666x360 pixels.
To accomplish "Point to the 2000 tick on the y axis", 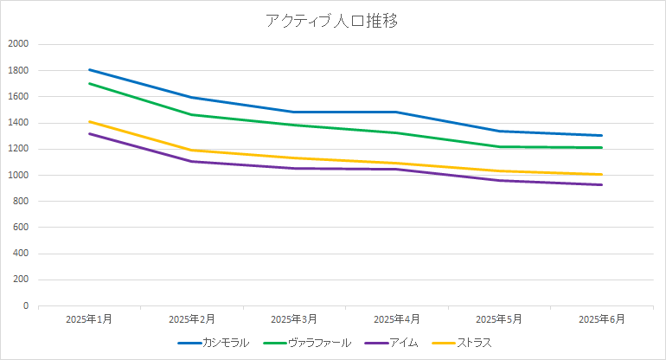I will click(x=18, y=44).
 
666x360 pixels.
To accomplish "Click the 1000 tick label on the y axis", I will click(x=18, y=175).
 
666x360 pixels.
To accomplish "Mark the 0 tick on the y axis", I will click(x=26, y=306).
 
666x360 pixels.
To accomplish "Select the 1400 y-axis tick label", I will click(x=18, y=123).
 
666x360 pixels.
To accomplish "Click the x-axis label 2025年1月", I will click(x=89, y=319).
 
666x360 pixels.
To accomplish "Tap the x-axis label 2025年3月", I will click(x=294, y=319).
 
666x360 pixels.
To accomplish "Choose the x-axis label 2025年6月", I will click(x=602, y=319).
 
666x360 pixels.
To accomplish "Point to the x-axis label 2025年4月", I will click(x=397, y=319).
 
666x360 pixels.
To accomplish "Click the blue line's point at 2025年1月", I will click(x=89, y=70).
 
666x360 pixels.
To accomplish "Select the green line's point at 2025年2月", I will click(x=192, y=114).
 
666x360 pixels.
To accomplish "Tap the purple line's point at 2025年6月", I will click(x=602, y=184).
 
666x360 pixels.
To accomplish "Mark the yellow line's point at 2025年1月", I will click(x=89, y=122).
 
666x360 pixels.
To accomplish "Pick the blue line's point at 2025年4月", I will click(x=397, y=112).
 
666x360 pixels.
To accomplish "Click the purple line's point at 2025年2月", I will click(x=192, y=161).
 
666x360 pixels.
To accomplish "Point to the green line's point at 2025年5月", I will click(x=500, y=146).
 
